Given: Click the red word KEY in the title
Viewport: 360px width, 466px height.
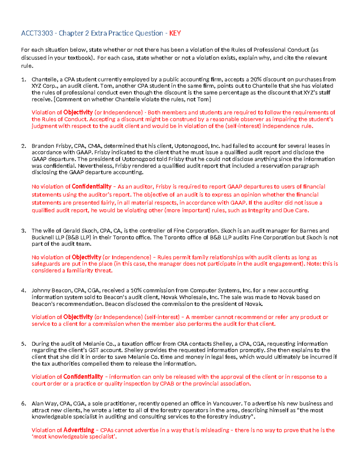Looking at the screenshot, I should [175, 33].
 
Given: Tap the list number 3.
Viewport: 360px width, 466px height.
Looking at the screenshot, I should [23, 231].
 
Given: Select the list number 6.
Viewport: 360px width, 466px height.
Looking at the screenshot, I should [23, 404].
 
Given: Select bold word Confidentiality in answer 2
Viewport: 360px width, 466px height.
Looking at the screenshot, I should [91, 187].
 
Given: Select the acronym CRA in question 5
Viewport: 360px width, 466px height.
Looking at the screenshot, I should [182, 344].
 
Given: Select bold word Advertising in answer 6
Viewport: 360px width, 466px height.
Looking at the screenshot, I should [79, 430].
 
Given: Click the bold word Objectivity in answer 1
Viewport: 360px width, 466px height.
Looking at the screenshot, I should [78, 113].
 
